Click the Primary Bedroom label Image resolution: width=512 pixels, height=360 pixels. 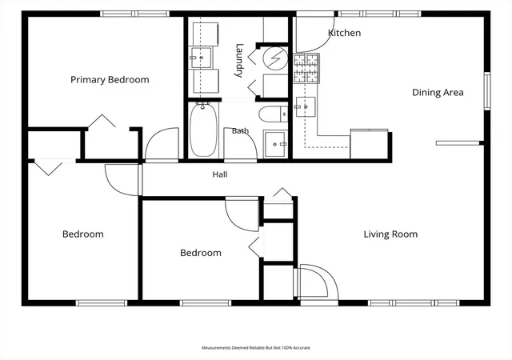110,80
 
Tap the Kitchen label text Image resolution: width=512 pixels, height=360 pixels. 344,33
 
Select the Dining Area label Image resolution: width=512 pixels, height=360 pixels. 438,93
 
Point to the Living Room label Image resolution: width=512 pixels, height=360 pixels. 390,234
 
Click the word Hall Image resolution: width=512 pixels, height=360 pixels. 220,174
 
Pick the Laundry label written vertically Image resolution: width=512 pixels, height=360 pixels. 240,60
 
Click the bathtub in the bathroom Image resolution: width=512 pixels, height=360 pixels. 203,130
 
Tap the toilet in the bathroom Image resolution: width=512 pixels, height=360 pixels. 274,114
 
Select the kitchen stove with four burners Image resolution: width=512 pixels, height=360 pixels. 306,69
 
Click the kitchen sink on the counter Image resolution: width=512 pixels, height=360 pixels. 306,107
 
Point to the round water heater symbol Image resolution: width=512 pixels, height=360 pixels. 275,58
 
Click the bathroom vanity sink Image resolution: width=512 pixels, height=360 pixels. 275,144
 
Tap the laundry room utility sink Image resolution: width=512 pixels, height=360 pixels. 201,58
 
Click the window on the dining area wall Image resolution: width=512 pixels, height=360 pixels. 487,91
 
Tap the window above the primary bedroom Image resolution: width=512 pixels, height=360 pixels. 134,14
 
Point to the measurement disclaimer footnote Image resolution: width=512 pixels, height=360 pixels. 256,348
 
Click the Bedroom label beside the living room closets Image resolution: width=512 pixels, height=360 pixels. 201,253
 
